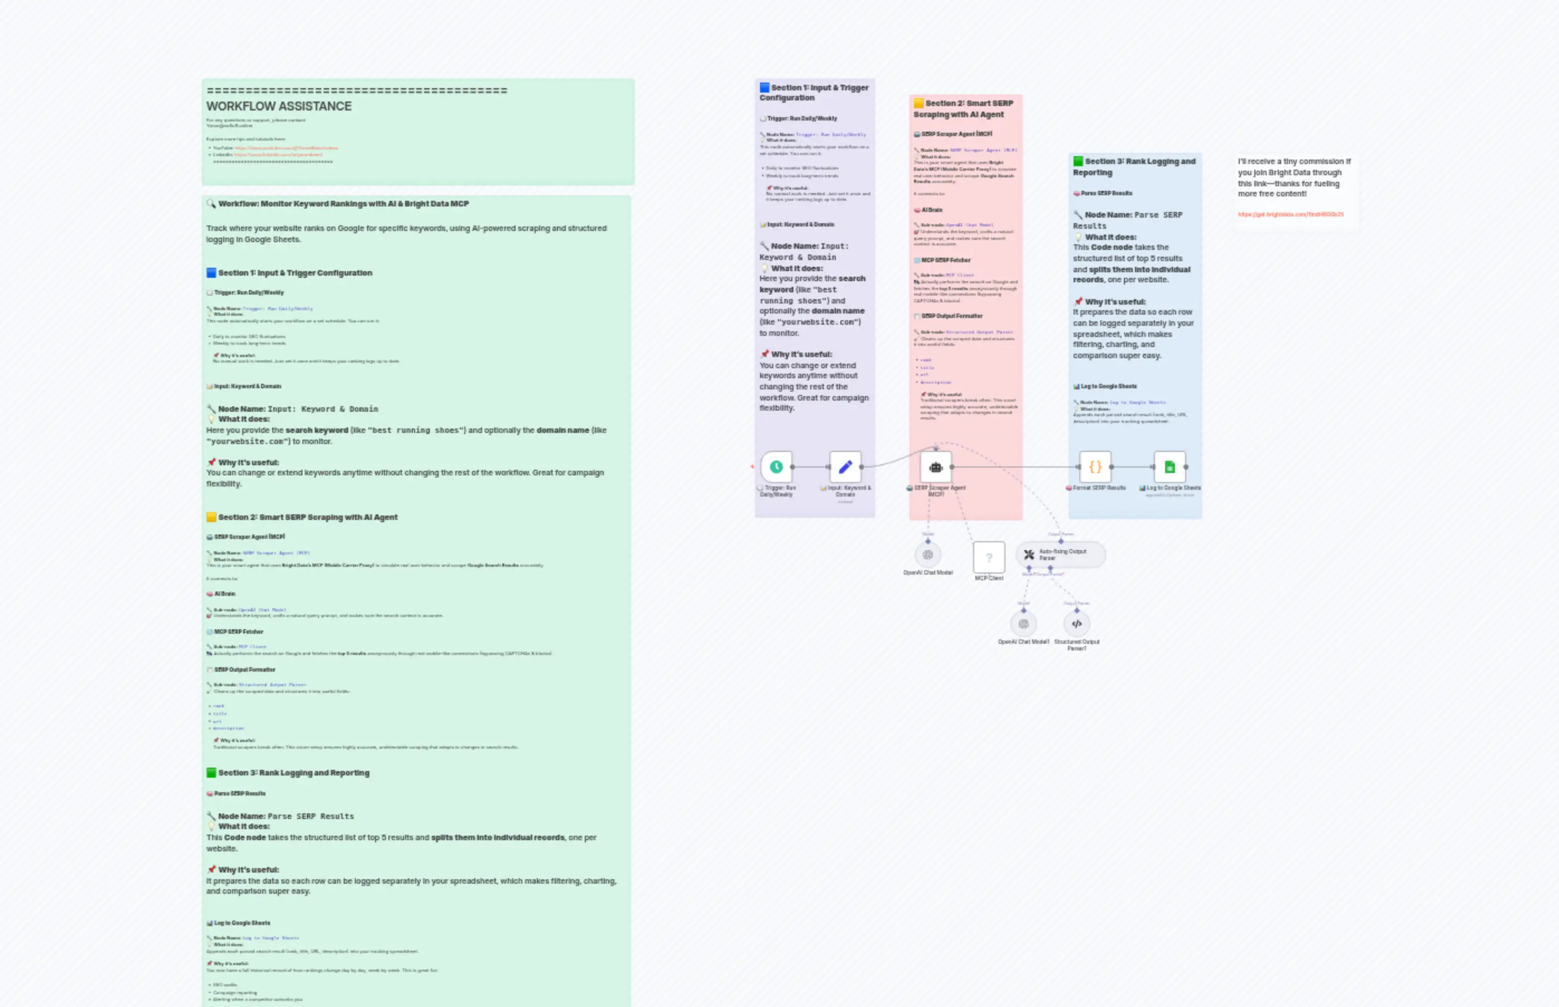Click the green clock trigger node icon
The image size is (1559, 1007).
[776, 467]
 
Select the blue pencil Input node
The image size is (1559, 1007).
[845, 467]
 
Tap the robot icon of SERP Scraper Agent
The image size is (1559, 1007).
[936, 467]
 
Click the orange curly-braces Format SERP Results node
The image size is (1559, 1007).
[1095, 467]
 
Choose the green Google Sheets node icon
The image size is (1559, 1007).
[1170, 467]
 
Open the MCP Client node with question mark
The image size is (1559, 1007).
[989, 557]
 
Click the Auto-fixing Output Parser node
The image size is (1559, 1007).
[1061, 555]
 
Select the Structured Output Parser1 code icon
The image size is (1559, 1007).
[1076, 624]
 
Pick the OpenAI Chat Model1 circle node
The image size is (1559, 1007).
[1023, 624]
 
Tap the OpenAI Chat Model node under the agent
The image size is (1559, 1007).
[927, 555]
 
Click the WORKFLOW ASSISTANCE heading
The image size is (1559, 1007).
[279, 107]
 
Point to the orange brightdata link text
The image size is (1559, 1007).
[1290, 214]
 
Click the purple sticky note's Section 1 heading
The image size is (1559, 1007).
[814, 93]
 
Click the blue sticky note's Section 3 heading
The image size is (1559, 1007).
[1134, 167]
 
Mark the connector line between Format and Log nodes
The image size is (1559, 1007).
[1133, 467]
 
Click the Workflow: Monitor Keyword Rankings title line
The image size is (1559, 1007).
[343, 204]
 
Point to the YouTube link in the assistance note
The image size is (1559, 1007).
[286, 148]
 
